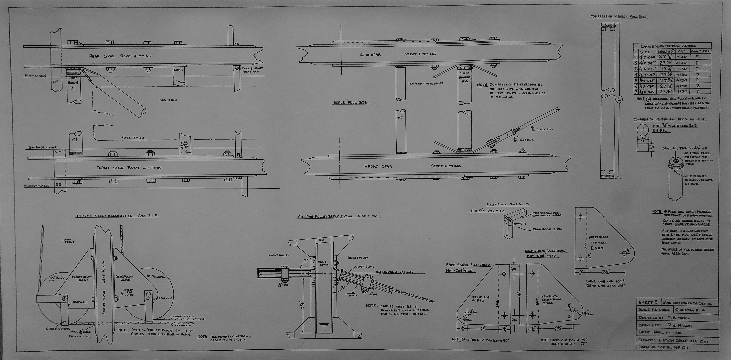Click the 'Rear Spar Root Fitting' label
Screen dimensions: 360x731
coord(120,56)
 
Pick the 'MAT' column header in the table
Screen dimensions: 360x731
coord(681,51)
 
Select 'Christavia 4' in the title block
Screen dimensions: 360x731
coord(690,310)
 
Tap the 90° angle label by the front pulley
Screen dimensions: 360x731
coord(306,260)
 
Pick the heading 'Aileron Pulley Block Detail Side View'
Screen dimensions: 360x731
coord(339,216)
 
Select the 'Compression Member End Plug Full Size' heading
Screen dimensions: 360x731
coord(669,119)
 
